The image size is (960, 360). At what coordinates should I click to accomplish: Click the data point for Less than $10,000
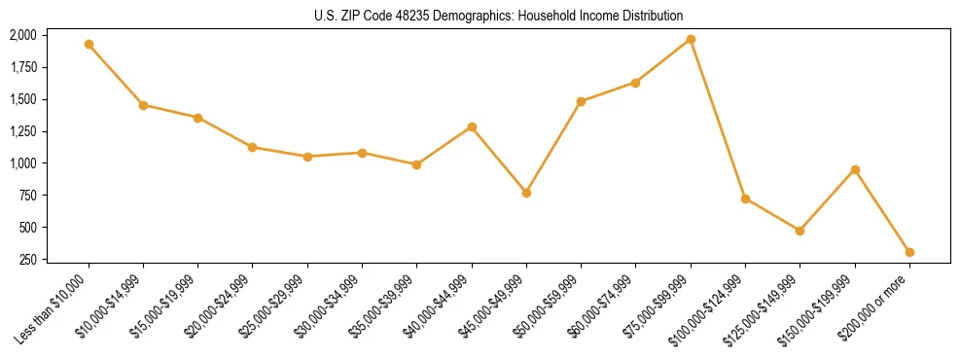click(89, 44)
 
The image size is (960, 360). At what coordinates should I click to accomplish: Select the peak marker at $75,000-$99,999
click(691, 39)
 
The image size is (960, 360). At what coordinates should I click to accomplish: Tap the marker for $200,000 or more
click(909, 252)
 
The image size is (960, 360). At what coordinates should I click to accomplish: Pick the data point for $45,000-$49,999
click(526, 193)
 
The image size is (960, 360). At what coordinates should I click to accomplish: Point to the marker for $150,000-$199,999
click(855, 170)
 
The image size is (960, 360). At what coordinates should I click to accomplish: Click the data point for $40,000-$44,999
click(472, 126)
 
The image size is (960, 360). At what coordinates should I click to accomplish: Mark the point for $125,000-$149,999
click(800, 231)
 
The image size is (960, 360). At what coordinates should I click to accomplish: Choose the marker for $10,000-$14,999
click(143, 105)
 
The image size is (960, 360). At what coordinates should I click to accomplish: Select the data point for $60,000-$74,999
click(635, 83)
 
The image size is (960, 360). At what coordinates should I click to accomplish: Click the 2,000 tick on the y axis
click(23, 35)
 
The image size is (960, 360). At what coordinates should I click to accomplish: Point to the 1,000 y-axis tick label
click(23, 163)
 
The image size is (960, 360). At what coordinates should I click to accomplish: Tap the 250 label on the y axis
click(28, 260)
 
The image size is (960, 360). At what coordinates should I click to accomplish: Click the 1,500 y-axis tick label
click(23, 99)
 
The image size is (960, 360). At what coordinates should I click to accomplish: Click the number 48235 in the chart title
click(397, 16)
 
